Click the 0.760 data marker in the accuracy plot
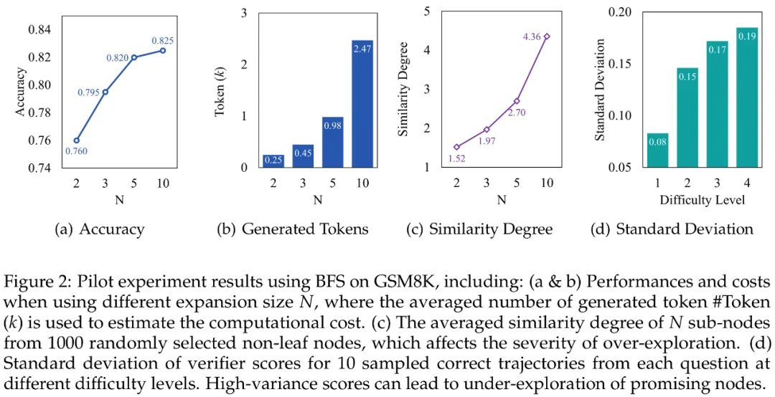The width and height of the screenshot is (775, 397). [76, 140]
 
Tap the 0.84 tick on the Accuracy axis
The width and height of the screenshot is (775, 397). [39, 29]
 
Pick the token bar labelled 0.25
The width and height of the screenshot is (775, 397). [272, 161]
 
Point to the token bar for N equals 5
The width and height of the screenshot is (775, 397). [332, 142]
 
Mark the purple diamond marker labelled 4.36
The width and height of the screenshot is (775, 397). [546, 36]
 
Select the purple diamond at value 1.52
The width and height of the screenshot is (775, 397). [456, 147]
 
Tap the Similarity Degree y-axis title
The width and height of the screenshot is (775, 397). [403, 90]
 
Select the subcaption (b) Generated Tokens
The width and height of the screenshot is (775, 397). [293, 229]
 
